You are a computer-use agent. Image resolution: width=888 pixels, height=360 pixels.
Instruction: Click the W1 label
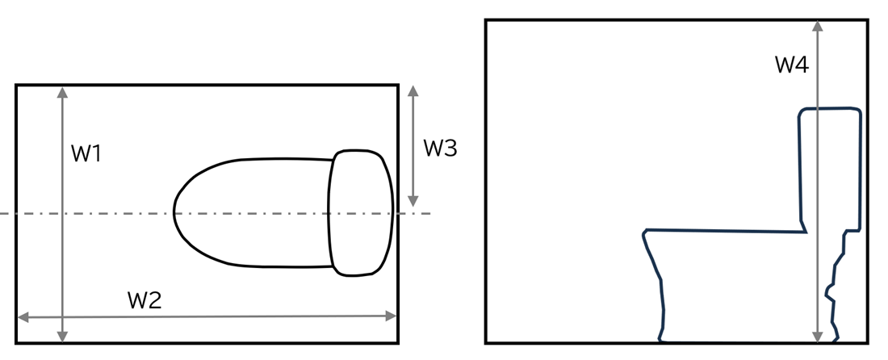point(86,153)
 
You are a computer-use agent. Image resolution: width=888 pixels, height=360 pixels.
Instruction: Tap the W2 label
point(145,300)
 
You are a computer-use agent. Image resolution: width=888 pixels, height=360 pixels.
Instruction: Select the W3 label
point(440,149)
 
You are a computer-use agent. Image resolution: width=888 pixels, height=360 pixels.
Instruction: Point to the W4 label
point(792,65)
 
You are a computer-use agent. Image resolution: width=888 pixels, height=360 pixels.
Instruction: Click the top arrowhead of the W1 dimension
point(62,92)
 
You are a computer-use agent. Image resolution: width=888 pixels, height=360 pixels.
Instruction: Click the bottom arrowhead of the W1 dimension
point(62,337)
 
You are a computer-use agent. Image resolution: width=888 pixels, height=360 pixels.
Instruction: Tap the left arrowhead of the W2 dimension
point(23,317)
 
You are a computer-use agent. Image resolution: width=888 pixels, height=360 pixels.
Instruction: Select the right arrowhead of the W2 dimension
point(391,316)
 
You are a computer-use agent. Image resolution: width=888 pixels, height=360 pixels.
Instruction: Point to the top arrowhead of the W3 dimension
point(413,91)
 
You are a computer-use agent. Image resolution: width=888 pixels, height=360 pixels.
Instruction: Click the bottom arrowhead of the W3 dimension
point(413,201)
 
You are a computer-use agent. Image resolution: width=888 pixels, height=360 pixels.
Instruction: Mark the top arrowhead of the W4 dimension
point(817,27)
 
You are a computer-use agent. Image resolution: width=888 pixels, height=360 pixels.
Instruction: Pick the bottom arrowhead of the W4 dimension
point(817,337)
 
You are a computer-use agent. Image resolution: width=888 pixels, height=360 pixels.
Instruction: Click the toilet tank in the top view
point(361,213)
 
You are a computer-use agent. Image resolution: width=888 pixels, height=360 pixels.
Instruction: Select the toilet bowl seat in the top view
point(253,213)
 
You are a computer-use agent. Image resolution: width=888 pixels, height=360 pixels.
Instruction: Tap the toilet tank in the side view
point(830,170)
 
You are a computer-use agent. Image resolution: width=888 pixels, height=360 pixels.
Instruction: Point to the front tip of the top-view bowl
point(174,213)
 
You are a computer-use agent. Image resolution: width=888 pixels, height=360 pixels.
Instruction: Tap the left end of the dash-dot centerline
point(1,213)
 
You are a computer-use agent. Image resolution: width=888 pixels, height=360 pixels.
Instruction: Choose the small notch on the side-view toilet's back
point(829,294)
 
